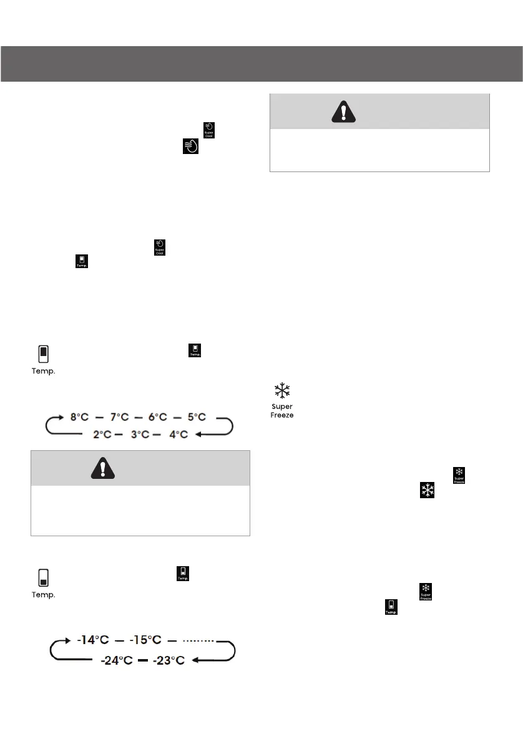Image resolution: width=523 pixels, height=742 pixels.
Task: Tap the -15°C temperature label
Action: [145, 640]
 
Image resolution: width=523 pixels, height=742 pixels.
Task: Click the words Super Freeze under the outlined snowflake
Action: [282, 411]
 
